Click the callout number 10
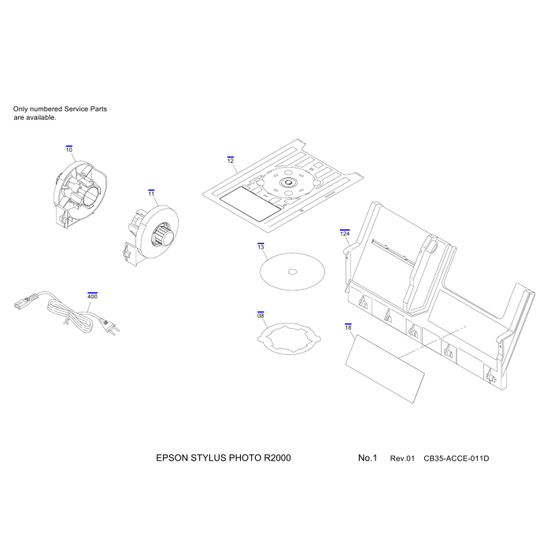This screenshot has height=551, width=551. click(x=69, y=150)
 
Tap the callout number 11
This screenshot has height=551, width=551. click(x=151, y=192)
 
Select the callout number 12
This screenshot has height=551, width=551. click(x=231, y=161)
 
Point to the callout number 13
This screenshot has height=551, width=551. click(x=261, y=247)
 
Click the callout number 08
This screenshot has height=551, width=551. click(x=261, y=315)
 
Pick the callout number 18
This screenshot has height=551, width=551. click(x=348, y=326)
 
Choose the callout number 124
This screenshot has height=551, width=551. click(x=345, y=234)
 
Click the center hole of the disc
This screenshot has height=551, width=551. click(x=293, y=272)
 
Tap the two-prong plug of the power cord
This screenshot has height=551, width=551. click(x=113, y=325)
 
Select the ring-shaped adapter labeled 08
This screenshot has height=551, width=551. click(x=290, y=338)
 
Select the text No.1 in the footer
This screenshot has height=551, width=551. click(x=368, y=457)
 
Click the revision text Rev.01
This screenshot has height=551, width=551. click(x=402, y=458)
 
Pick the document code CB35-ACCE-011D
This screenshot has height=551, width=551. click(x=457, y=458)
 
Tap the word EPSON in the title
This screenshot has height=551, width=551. click(x=170, y=457)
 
